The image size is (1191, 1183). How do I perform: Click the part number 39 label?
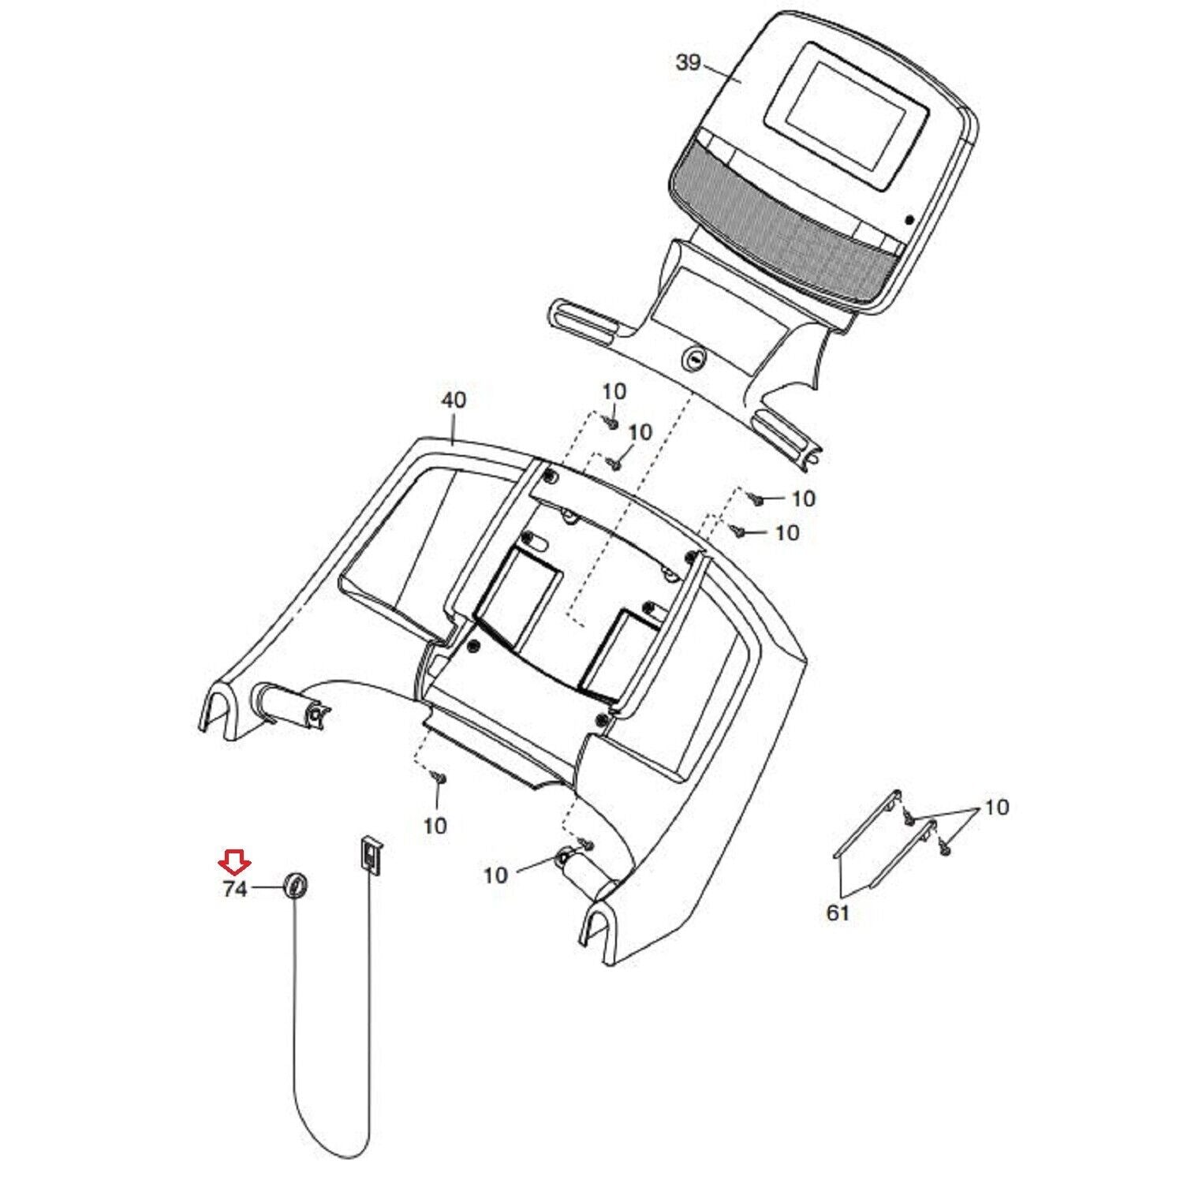click(x=687, y=63)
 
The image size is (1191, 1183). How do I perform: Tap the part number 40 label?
click(x=453, y=401)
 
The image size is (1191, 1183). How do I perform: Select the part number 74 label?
click(x=235, y=890)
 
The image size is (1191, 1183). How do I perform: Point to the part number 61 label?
click(x=838, y=913)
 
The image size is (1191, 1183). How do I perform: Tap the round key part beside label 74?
click(x=294, y=886)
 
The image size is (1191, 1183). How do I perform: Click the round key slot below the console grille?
click(x=695, y=359)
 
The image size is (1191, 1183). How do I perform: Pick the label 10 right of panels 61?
click(x=997, y=808)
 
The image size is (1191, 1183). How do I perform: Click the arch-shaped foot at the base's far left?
click(x=220, y=710)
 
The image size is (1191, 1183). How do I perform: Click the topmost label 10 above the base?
click(x=614, y=391)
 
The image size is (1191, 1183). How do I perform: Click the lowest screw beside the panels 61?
click(x=946, y=849)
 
